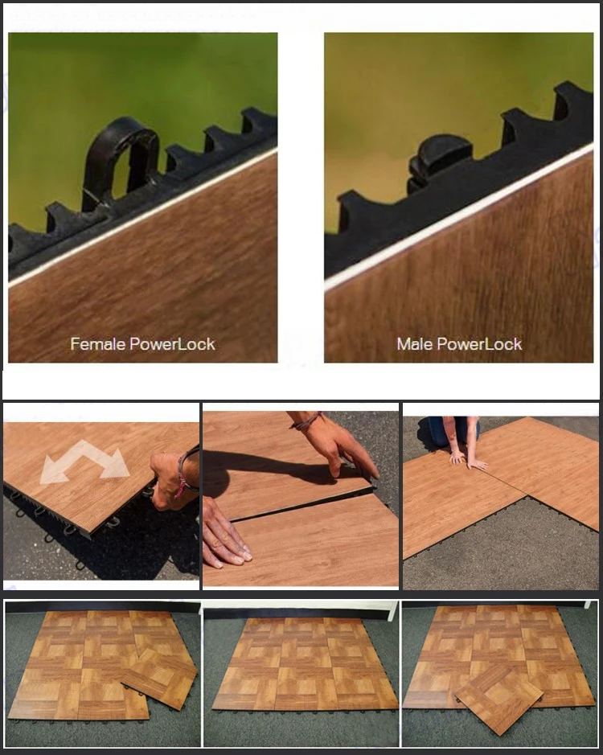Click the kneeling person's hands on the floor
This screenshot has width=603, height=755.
coord(466,460)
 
